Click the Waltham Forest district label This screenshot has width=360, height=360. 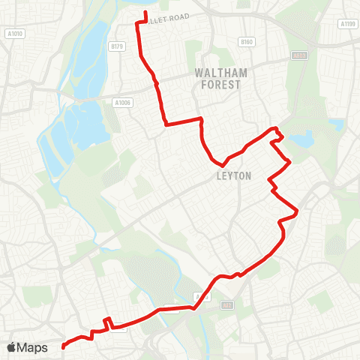click(217, 79)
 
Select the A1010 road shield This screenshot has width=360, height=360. click(14, 34)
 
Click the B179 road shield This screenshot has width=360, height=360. click(115, 46)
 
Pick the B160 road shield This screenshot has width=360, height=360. click(247, 41)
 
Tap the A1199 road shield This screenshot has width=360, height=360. click(347, 24)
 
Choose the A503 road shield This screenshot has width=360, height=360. click(299, 55)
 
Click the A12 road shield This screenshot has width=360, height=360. click(226, 305)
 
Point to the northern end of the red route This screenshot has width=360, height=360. click(145, 13)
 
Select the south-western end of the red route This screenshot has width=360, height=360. click(62, 346)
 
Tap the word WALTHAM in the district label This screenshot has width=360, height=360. click(217, 73)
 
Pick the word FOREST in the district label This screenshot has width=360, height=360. click(217, 85)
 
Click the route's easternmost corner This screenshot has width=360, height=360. click(298, 213)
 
